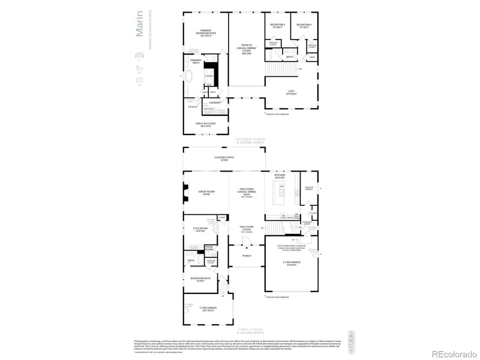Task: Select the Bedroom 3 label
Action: [x=277, y=25]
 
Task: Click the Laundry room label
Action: [x=215, y=103]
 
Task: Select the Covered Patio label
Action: [x=224, y=158]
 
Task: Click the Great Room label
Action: [x=206, y=193]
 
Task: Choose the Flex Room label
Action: [x=200, y=229]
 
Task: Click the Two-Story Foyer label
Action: [x=246, y=228]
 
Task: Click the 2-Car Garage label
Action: [x=292, y=264]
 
